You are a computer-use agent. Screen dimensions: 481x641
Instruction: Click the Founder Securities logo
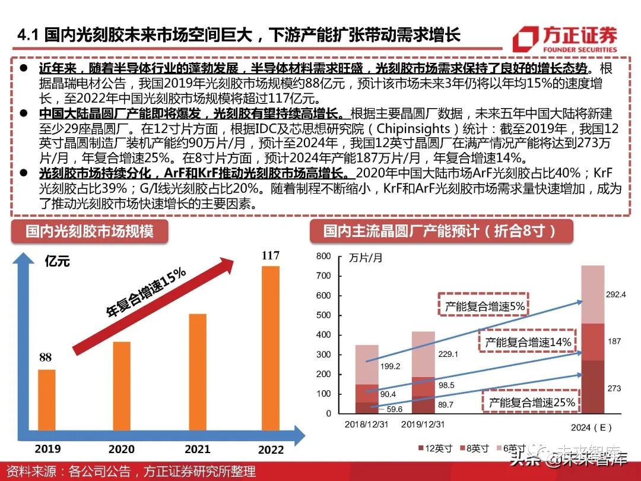coord(565,39)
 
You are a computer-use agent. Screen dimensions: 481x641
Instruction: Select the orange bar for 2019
coord(46,404)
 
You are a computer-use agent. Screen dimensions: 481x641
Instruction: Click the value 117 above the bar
coord(270,256)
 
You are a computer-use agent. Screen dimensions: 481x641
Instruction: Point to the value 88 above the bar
coord(46,357)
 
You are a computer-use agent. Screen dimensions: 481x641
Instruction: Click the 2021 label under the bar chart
coord(198,450)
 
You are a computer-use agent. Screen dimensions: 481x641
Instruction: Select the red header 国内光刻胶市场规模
coord(89,230)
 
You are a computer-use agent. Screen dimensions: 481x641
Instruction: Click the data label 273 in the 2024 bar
coord(614,388)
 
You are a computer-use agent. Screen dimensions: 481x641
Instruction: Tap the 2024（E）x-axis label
coord(592,427)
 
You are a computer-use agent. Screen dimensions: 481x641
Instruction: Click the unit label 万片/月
coord(366,258)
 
